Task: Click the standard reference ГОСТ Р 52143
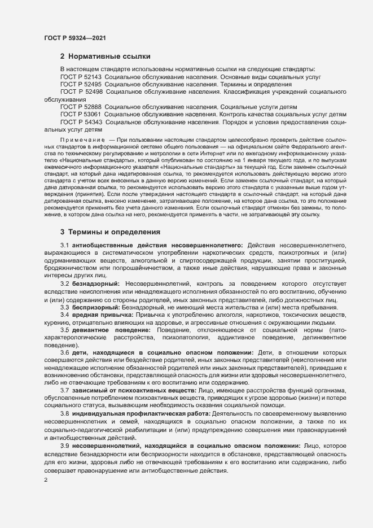(81, 76)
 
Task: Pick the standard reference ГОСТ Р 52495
(81, 84)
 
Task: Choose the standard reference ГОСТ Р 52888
(81, 107)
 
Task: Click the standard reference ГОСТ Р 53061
(81, 114)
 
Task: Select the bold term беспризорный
(95, 307)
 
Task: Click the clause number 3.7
(65, 391)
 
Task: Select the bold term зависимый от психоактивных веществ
(134, 391)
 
